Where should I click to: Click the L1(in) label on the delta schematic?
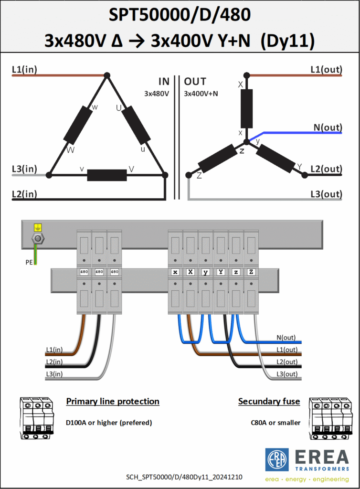point(24,69)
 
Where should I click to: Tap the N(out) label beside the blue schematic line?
point(328,127)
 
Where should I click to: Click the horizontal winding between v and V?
point(107,175)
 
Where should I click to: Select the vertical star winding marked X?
point(246,108)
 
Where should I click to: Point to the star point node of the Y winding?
point(246,142)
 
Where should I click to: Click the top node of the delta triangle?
point(107,75)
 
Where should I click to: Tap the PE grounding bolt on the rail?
point(38,239)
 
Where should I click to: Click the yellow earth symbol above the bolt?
point(38,228)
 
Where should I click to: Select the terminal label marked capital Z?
point(251,272)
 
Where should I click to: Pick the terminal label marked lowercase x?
point(175,272)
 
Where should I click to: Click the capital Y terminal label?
point(221,272)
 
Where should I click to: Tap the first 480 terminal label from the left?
point(84,272)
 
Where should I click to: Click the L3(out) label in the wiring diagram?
point(287,374)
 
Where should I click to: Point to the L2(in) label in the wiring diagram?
point(54,362)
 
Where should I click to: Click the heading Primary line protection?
point(113,401)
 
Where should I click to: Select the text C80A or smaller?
point(275,423)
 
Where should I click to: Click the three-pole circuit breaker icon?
point(36,418)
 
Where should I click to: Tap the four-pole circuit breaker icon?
point(331,418)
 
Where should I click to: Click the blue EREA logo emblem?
point(277,460)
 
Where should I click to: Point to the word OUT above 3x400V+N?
point(195,81)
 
